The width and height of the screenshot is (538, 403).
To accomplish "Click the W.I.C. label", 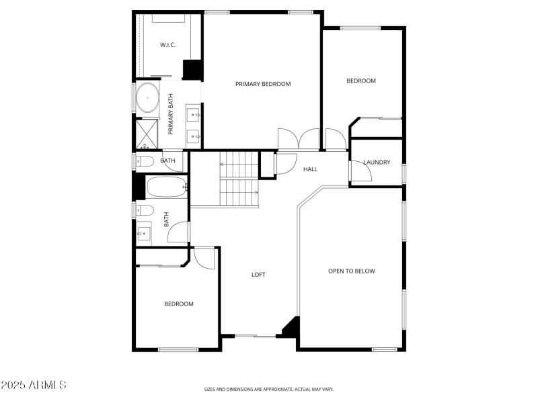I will pos(167,45).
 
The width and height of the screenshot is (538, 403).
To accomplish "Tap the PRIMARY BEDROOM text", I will pos(263,84).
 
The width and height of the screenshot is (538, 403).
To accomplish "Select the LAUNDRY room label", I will pos(377,163).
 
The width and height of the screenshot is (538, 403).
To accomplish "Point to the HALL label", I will pos(310,169).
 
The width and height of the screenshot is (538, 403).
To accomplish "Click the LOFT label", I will pos(258,274).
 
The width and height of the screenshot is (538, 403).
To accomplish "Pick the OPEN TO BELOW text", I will pos(351,271).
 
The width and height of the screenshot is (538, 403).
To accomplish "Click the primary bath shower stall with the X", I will pos(147,133).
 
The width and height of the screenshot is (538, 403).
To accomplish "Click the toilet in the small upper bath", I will pos(143,161).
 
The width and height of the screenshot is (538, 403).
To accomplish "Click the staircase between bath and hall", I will pos(239,179).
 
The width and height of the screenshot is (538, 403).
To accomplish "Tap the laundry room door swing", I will pos(362,172).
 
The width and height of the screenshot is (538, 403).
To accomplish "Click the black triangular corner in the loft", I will pos(291,327).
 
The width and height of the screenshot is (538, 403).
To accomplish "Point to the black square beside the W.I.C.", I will pos(193,70).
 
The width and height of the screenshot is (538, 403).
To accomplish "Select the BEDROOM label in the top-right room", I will pos(361,81).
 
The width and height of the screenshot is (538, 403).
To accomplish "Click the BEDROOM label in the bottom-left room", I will pos(179,304).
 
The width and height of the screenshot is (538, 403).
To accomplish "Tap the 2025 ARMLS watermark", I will pos(34,385).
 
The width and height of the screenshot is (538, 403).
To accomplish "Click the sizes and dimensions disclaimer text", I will pos(269,389).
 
